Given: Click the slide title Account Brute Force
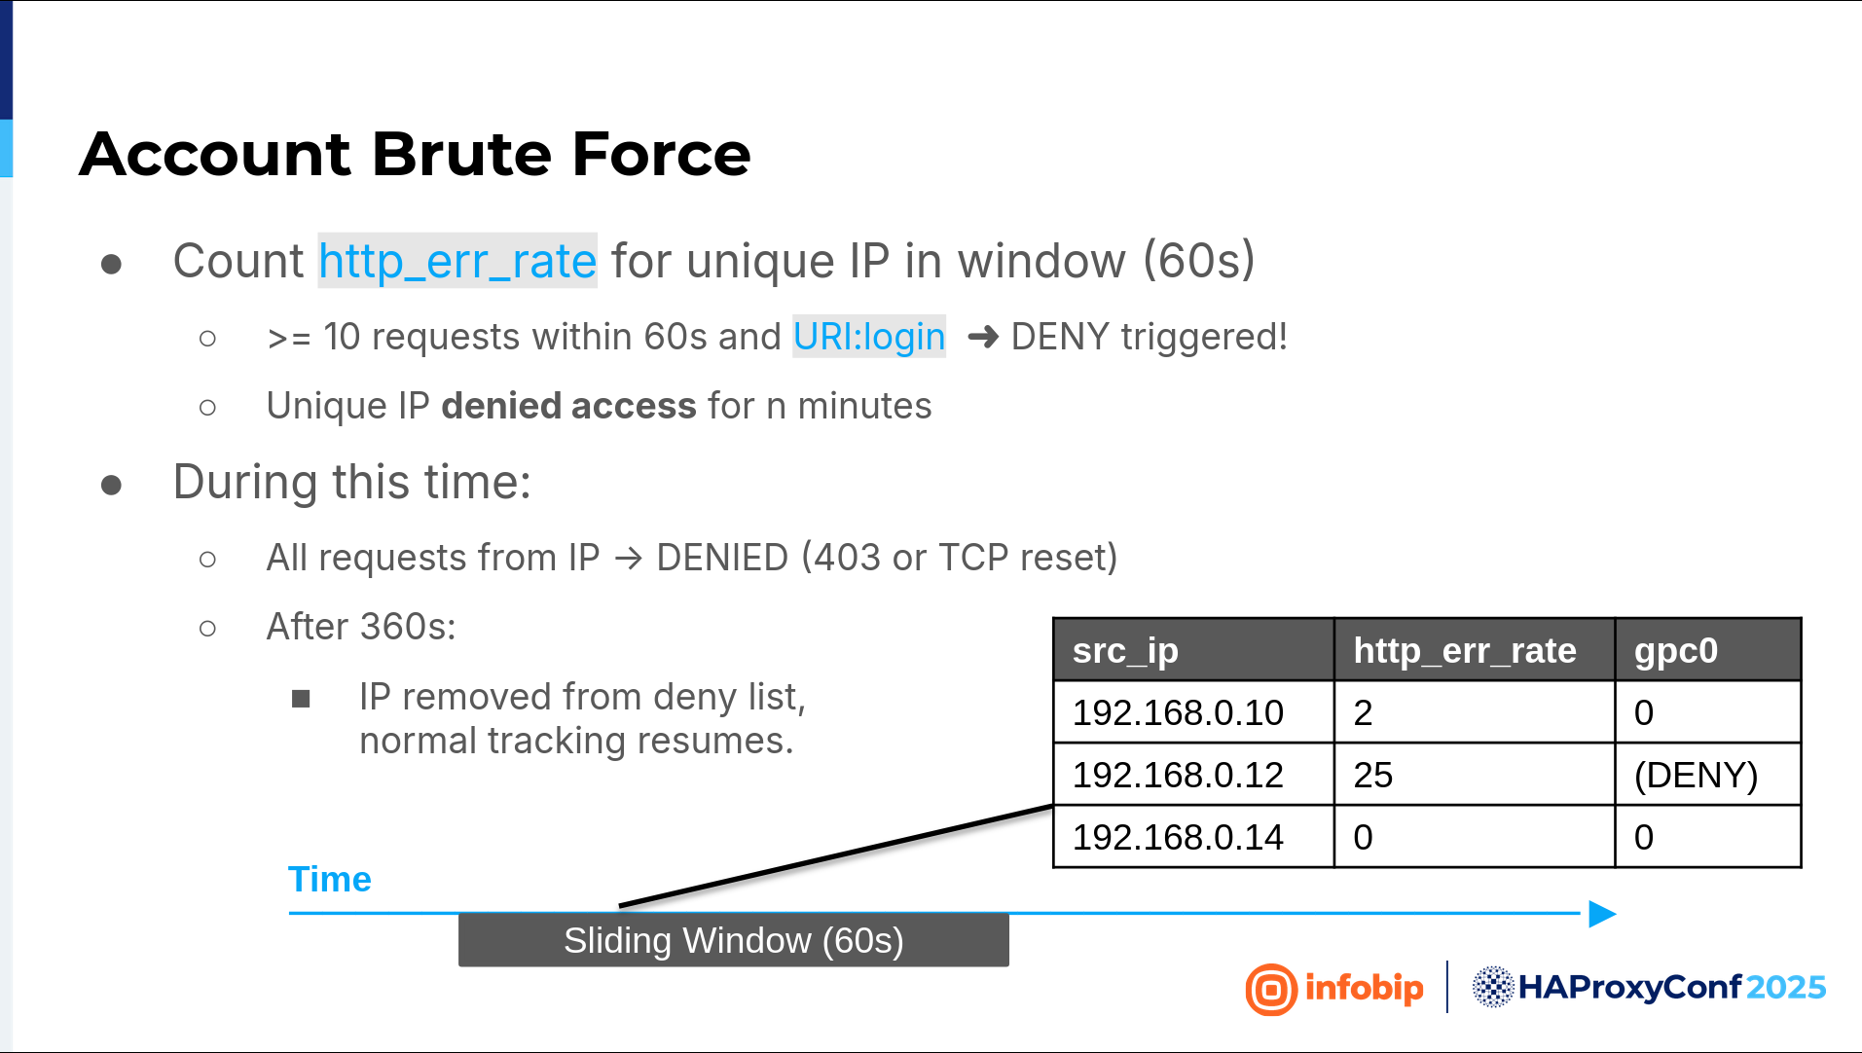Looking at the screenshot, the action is (415, 154).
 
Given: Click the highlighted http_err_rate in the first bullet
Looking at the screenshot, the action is (457, 261).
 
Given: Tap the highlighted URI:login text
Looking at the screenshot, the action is (869, 337).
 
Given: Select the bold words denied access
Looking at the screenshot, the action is (568, 406).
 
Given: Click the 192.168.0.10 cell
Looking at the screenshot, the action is (1193, 712).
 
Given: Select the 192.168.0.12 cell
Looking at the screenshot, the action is (1193, 775).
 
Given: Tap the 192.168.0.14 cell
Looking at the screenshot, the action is (1193, 837).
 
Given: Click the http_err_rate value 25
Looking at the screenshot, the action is (1373, 776).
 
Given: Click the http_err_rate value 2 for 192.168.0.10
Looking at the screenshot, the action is (1363, 713).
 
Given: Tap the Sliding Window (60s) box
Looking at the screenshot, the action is (734, 940).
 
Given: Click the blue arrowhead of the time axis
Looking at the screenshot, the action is (1602, 914).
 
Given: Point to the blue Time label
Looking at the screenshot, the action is (330, 879).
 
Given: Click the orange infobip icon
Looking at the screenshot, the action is (1271, 990).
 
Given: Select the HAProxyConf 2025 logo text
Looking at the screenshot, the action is (1671, 988).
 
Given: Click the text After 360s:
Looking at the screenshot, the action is (361, 627).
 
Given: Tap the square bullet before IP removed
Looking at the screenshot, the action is (301, 699).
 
